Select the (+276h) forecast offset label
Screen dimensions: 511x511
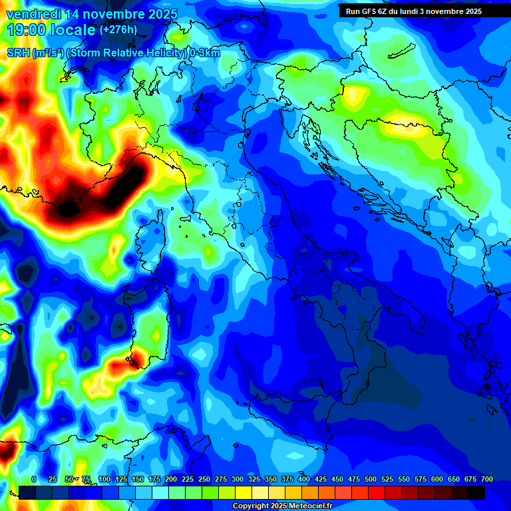[118, 30]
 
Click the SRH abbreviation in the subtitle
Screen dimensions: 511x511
[18, 53]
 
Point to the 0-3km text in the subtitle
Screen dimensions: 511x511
[205, 53]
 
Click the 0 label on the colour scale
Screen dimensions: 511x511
[34, 479]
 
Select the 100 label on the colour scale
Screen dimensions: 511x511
[104, 479]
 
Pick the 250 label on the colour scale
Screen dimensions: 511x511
[204, 479]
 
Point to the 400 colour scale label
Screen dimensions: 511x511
[303, 479]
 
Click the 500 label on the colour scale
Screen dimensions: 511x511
[370, 479]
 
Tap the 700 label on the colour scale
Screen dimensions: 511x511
[487, 479]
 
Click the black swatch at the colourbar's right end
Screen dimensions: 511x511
[476, 492]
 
